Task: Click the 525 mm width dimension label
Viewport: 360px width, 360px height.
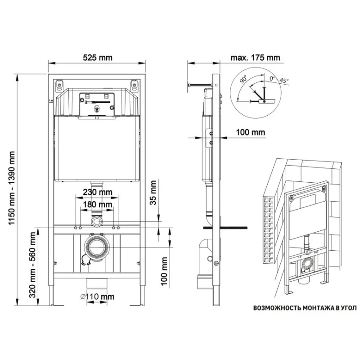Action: click(x=98, y=58)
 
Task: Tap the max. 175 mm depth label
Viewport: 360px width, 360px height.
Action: click(x=255, y=58)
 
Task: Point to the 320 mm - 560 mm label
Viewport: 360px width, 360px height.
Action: click(x=32, y=265)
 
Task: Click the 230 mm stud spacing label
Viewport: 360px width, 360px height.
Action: click(x=98, y=192)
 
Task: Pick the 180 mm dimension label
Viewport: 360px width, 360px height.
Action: click(x=98, y=204)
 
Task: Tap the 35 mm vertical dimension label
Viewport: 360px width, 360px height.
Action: click(x=153, y=193)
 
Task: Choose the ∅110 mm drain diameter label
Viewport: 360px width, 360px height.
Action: click(x=97, y=297)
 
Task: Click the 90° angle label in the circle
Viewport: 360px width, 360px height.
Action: click(x=243, y=79)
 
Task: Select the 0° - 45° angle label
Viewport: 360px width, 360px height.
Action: click(x=279, y=80)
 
